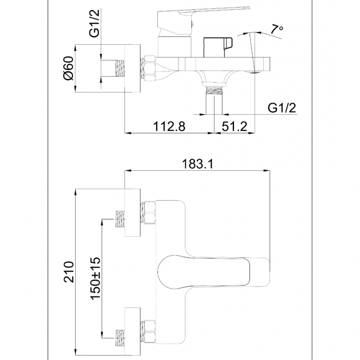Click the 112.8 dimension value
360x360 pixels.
[x=169, y=127]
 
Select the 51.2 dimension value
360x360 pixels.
[x=235, y=127]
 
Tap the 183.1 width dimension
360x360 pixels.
[x=197, y=164]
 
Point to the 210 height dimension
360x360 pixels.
[x=69, y=272]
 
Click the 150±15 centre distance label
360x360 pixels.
[x=95, y=278]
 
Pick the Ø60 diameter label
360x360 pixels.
[x=69, y=68]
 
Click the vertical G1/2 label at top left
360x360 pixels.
[x=94, y=23]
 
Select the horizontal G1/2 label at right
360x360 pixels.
[x=282, y=107]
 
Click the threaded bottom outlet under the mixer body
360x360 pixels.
[x=214, y=100]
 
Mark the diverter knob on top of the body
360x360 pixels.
[x=218, y=47]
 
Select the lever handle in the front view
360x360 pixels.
[x=213, y=272]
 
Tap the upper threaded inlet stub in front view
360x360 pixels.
[x=120, y=219]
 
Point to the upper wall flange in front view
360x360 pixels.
[x=133, y=212]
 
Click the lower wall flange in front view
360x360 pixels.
[x=133, y=332]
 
